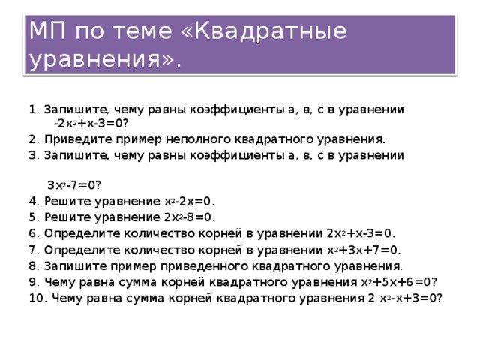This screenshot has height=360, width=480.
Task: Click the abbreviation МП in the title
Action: [45, 31]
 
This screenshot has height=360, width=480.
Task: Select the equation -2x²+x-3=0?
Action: [91, 122]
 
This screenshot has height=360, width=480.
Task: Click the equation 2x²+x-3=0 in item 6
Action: [361, 233]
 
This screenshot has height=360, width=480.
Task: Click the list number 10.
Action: [36, 298]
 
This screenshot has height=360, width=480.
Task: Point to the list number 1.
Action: [32, 108]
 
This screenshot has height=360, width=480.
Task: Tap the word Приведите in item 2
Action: [71, 139]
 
